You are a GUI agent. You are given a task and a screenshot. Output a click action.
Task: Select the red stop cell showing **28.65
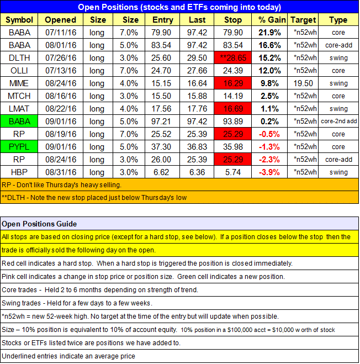(x=234, y=58)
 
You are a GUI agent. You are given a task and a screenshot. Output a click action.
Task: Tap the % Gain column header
(x=271, y=20)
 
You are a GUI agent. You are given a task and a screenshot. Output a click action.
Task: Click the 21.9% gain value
(x=271, y=33)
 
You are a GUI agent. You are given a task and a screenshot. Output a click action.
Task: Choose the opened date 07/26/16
(x=61, y=58)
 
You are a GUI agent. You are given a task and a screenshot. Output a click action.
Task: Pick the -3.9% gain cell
(x=271, y=172)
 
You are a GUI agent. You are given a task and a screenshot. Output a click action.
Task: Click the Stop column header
(x=234, y=20)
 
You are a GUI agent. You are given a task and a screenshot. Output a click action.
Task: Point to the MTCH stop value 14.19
(x=234, y=96)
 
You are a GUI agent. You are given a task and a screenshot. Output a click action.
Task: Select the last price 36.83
(x=198, y=147)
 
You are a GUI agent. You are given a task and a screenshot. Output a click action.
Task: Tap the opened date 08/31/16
(x=61, y=172)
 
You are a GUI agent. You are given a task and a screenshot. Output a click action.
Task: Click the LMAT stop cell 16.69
(x=234, y=109)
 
